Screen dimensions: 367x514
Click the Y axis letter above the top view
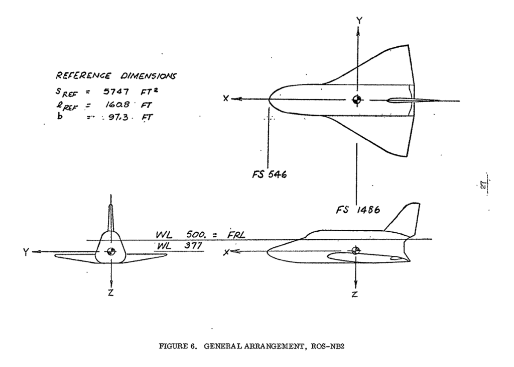pos(359,20)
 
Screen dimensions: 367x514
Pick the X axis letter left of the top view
pos(227,99)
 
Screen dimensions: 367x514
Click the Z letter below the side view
pos(355,294)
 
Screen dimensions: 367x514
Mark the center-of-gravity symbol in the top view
pos(357,100)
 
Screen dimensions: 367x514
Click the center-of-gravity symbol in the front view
pos(111,252)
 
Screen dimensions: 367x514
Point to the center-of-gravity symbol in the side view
pos(356,250)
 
